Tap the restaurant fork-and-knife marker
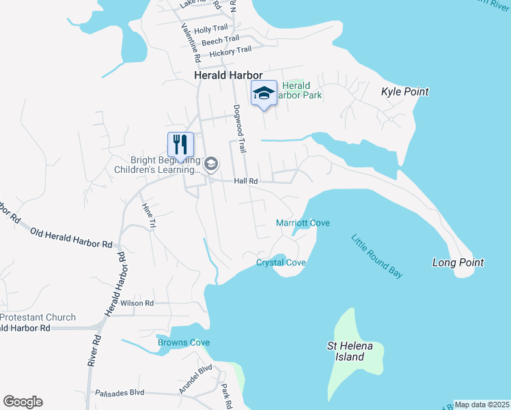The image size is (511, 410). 180,144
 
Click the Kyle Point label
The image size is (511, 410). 404,92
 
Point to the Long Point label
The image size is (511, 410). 458,262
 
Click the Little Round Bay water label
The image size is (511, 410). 376,256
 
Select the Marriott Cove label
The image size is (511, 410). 303,223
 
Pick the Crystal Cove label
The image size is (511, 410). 281,262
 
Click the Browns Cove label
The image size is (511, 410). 184,342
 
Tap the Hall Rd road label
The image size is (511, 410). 245,181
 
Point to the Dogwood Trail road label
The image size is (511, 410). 239,128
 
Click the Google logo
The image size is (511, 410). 23,402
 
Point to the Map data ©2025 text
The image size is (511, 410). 482,405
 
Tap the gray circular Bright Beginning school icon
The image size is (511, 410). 211,163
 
